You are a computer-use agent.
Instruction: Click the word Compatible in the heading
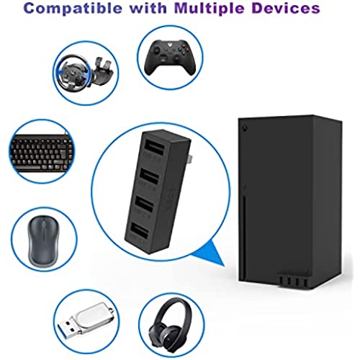point(73,9)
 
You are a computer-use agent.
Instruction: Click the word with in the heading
point(148,8)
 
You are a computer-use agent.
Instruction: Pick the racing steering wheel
point(71,72)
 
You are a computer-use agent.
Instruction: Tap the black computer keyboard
point(41,153)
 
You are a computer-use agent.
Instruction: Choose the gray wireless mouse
point(43,240)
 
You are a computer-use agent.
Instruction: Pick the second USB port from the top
point(150,176)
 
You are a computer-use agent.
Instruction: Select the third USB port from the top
point(144,204)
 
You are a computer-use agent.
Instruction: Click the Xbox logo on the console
point(245,130)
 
